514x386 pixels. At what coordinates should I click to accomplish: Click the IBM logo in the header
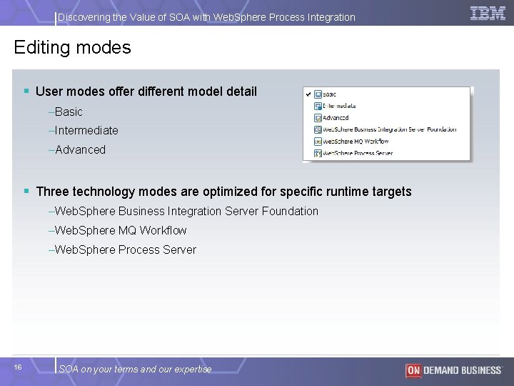pyautogui.click(x=488, y=13)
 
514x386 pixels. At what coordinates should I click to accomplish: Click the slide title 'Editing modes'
pyautogui.click(x=72, y=48)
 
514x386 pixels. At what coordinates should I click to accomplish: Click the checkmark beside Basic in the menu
pyautogui.click(x=308, y=94)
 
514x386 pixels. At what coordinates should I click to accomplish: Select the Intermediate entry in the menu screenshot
pyautogui.click(x=339, y=106)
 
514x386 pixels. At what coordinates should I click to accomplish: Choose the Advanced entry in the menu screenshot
pyautogui.click(x=335, y=118)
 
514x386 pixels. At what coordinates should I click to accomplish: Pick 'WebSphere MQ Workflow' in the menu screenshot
pyautogui.click(x=357, y=141)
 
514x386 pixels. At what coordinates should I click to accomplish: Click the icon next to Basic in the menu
pyautogui.click(x=318, y=94)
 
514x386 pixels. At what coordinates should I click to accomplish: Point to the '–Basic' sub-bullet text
pyautogui.click(x=66, y=112)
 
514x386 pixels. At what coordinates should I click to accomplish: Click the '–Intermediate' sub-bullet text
pyautogui.click(x=84, y=131)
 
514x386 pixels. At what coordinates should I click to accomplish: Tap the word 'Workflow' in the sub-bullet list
pyautogui.click(x=163, y=230)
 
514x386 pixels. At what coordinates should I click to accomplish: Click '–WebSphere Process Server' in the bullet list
pyautogui.click(x=122, y=249)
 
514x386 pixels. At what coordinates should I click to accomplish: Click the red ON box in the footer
pyautogui.click(x=413, y=370)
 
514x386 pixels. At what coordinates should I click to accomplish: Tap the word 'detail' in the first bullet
pyautogui.click(x=241, y=91)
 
